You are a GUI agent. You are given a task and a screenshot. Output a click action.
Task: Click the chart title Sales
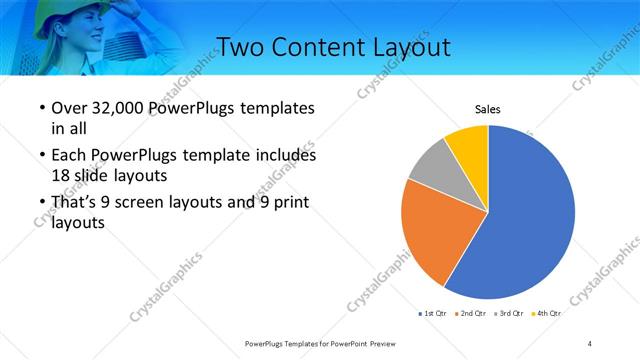click(487, 110)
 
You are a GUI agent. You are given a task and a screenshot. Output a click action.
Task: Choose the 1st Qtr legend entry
click(435, 314)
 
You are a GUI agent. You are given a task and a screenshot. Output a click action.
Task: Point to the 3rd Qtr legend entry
click(511, 314)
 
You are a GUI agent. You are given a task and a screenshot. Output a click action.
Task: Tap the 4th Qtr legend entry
click(547, 314)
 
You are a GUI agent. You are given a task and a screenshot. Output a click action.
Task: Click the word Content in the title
click(321, 47)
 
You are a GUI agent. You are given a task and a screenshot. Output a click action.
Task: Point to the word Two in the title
click(241, 47)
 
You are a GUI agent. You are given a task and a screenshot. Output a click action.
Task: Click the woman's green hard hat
click(95, 12)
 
